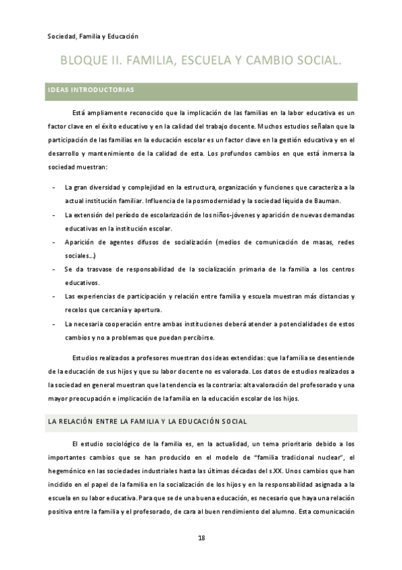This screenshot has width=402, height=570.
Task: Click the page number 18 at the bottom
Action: [x=201, y=538]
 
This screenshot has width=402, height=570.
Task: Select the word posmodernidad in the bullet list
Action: [x=217, y=200]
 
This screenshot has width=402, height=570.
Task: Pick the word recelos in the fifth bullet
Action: [x=77, y=309]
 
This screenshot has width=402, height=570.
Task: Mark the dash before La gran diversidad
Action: [x=53, y=187]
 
